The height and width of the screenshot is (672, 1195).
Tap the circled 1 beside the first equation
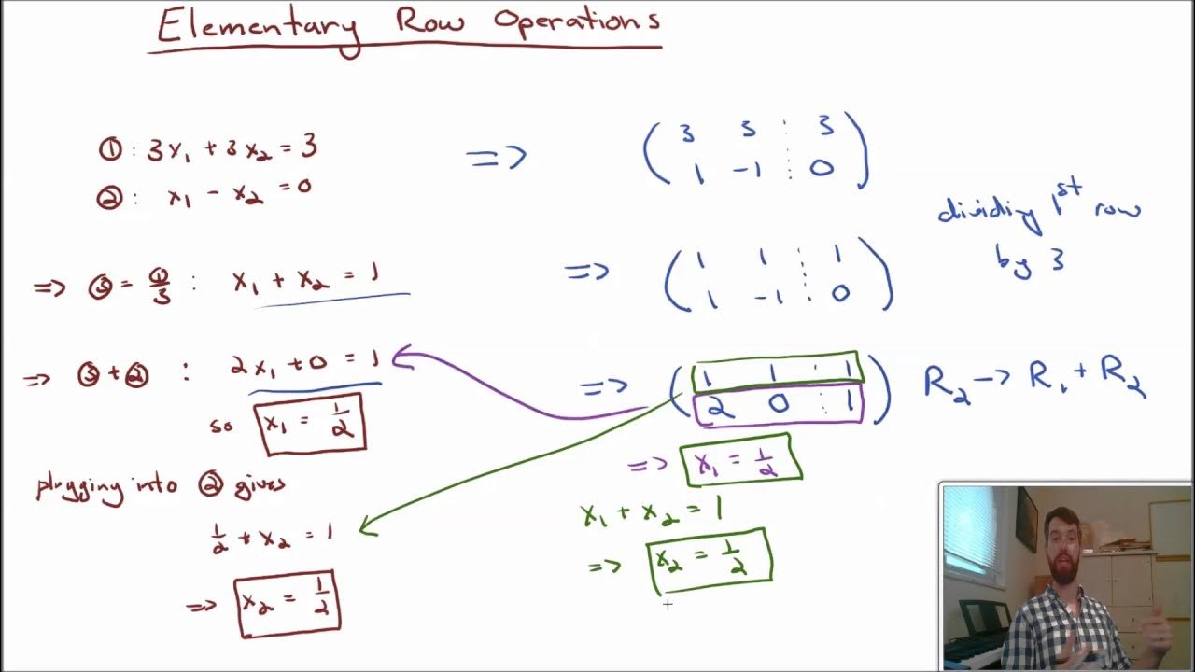[x=109, y=149]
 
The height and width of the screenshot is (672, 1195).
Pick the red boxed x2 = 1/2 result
[x=288, y=603]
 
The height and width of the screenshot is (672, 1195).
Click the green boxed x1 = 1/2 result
[x=742, y=460]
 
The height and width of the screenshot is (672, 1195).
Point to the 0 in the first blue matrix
[x=822, y=170]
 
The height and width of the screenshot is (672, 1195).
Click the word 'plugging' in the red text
[x=79, y=487]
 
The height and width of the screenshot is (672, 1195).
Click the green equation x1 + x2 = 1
[x=651, y=512]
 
